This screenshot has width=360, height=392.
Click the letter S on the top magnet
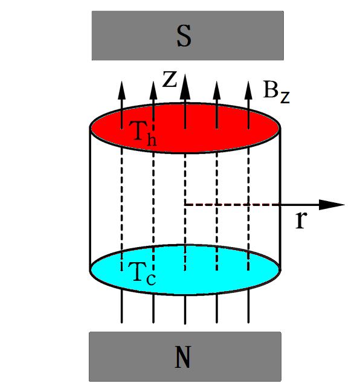pos(184,36)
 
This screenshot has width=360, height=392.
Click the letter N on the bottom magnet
pos(183,357)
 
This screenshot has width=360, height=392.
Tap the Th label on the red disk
pos(143,133)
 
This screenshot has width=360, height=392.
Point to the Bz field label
pos(277,91)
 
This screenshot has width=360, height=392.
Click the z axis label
pos(170,79)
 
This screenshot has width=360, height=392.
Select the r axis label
pos(301,219)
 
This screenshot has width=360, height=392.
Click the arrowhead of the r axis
pos(332,205)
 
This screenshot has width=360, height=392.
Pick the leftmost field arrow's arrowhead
pos(122,91)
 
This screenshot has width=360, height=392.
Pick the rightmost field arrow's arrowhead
pos(248,91)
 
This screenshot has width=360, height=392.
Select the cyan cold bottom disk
pos(185,270)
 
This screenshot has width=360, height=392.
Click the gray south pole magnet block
pos(188,36)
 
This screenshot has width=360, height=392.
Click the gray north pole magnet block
pos(185,356)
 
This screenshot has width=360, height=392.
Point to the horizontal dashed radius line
pos(232,205)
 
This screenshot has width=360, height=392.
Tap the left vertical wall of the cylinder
pos(90,199)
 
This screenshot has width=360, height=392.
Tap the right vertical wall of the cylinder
pos(280,199)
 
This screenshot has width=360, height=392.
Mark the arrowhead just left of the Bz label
pos(248,91)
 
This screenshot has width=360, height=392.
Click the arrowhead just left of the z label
pos(153,91)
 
